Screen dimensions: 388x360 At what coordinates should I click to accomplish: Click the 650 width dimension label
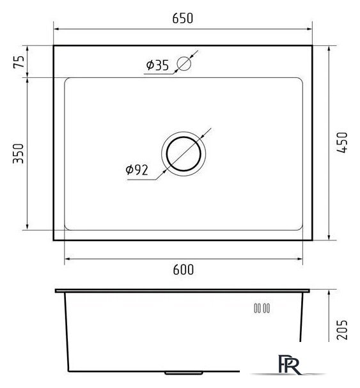tap(183, 19)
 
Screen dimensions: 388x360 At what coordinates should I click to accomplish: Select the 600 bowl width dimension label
tap(184, 270)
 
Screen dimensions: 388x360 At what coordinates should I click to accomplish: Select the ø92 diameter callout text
tap(137, 170)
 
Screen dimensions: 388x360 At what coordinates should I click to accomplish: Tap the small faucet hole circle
tap(184, 63)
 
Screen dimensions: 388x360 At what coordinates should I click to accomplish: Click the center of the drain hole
tap(184, 153)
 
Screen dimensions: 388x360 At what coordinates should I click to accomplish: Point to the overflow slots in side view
tap(262, 308)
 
